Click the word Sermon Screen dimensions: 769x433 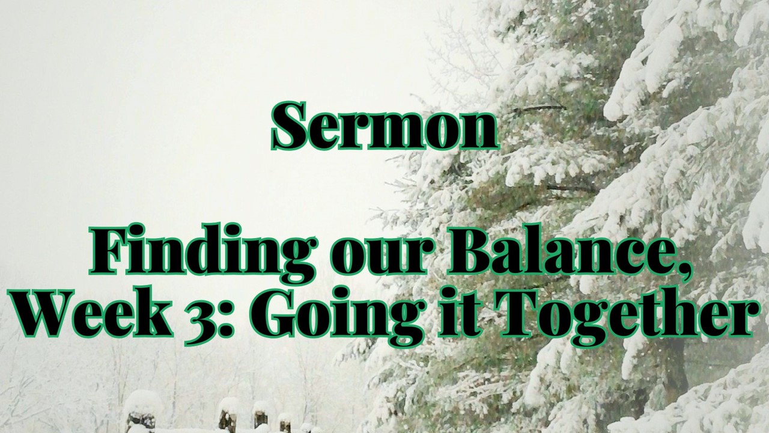tap(384, 126)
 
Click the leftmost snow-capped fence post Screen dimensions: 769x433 tap(141, 413)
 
